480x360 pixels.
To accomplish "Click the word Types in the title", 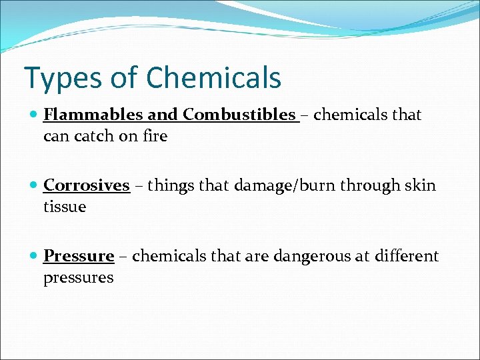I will pos(58,78).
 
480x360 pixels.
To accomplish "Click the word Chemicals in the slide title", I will pos(213,77).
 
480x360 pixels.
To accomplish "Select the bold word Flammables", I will pos(93,115).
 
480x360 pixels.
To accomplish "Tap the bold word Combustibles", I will pos(239,115).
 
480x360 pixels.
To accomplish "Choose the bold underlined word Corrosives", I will pos(86,185).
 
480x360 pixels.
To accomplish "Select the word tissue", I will pos(65,207).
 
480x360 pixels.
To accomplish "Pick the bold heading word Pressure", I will pos(79,256).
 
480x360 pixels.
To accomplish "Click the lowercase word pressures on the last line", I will pos(78,277).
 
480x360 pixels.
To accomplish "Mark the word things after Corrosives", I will pos(169,185).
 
